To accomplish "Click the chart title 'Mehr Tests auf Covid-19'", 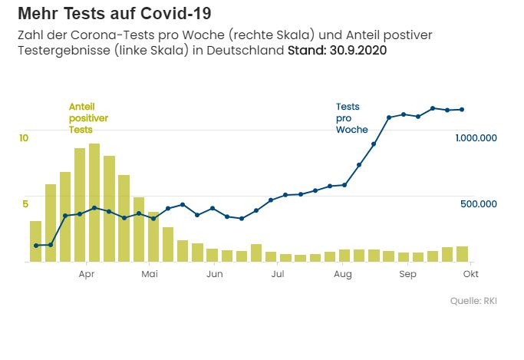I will (114, 14).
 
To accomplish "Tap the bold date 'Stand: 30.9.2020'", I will (337, 51).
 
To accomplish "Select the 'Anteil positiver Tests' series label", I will (88, 117).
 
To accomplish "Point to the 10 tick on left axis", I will (24, 137).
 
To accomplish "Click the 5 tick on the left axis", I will (24, 203).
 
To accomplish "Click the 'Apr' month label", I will (86, 274).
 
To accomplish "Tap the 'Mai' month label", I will (150, 274).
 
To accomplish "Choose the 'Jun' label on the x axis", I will (215, 274).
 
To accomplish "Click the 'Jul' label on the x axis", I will (278, 274).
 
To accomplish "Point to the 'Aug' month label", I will (343, 274).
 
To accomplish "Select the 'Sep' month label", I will (408, 274).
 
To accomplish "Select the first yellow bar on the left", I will (35, 242).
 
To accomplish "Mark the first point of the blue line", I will (35, 246).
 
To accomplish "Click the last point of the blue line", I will (461, 109).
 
